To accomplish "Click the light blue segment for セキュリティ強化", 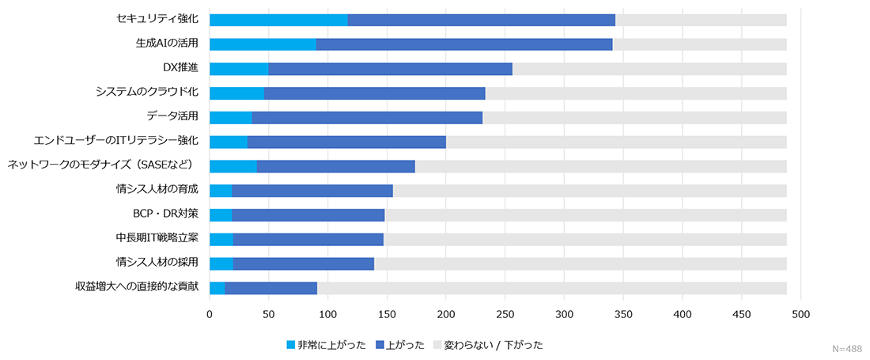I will tap(278, 20).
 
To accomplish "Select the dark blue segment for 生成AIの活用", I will tap(464, 44).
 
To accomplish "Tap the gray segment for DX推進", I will tap(649, 69).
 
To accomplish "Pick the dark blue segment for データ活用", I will tap(367, 117).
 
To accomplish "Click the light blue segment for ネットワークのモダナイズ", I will tap(233, 166).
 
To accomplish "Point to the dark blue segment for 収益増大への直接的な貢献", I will tap(270, 288).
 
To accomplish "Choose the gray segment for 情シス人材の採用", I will tap(581, 263).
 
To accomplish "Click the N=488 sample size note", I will tap(847, 349).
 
